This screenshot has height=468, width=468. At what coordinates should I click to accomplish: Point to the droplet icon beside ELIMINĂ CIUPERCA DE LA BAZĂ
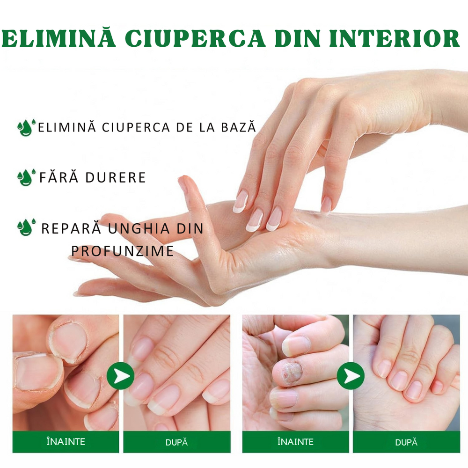click(25, 127)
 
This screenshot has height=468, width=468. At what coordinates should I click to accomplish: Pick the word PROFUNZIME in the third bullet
click(123, 251)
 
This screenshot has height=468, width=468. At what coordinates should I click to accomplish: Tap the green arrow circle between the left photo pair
click(120, 376)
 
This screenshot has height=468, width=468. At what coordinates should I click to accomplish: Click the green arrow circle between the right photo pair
click(351, 376)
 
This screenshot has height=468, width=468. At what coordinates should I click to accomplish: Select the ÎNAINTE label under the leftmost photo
click(66, 442)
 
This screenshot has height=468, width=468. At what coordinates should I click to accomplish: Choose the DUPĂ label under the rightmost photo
click(406, 442)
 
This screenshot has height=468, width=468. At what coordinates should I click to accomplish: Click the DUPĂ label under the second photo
click(176, 442)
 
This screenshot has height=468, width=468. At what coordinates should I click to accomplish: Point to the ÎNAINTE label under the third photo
click(296, 442)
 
